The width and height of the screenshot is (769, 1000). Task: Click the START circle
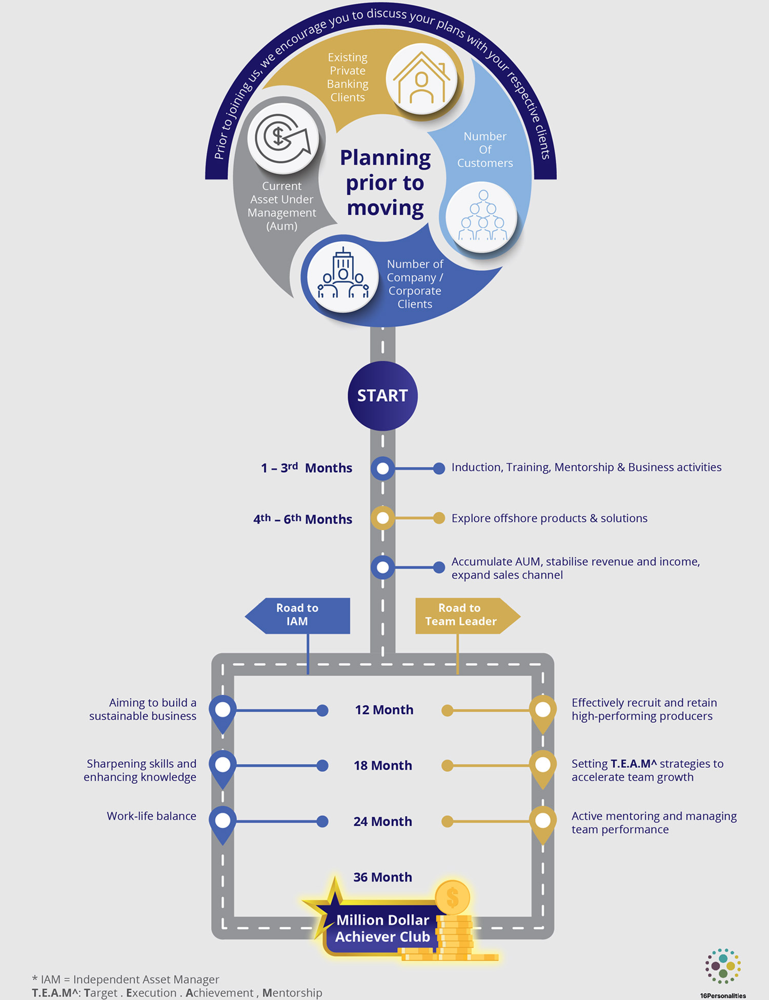tap(382, 395)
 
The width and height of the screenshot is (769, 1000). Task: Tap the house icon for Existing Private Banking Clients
tap(421, 78)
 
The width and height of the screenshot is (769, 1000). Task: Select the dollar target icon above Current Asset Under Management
tap(283, 138)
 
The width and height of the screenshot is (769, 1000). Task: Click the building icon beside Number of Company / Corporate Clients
tap(342, 276)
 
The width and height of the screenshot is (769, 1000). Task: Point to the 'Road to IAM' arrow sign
tap(298, 615)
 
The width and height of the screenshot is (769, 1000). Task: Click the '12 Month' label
tap(384, 710)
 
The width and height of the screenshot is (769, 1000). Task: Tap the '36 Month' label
tap(382, 877)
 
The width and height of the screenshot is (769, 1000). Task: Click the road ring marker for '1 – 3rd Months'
tap(382, 468)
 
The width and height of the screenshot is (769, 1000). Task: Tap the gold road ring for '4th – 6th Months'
tap(382, 518)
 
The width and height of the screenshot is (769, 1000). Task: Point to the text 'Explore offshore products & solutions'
tap(549, 518)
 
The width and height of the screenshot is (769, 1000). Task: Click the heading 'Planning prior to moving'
tap(385, 183)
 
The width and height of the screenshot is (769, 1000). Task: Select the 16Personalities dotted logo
tap(723, 966)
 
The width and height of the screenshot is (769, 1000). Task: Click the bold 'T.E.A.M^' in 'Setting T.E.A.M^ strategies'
tap(633, 764)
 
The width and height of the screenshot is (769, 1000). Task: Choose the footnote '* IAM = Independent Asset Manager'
tap(126, 979)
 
